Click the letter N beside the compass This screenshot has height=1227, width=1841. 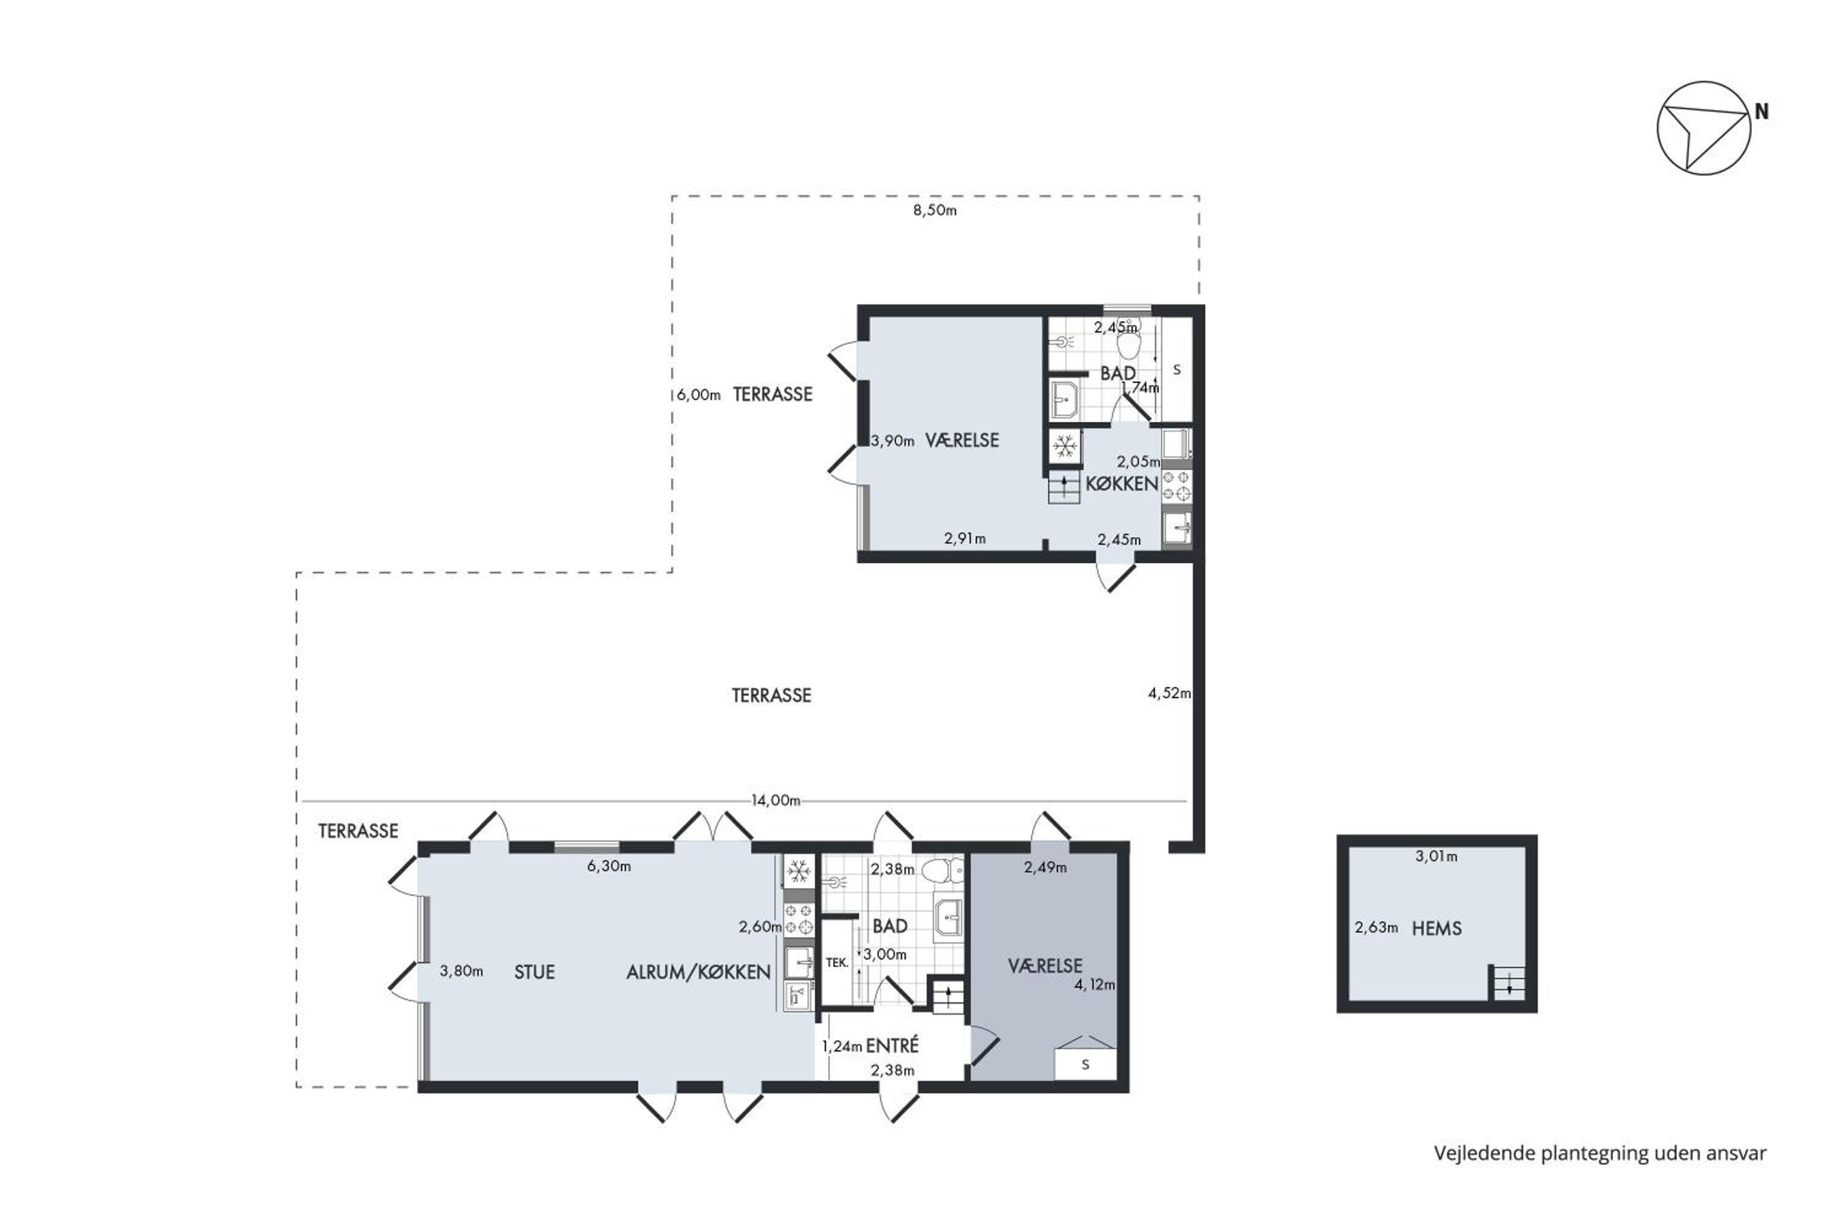(1761, 111)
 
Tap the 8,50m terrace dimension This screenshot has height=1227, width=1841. (935, 210)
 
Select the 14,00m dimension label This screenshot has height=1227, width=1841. (776, 800)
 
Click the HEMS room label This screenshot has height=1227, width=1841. (1437, 928)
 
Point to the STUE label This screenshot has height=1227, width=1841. (534, 972)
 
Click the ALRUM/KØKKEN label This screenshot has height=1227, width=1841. (698, 972)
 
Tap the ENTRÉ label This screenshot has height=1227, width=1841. (892, 1045)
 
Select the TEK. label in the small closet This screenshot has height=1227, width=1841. (837, 963)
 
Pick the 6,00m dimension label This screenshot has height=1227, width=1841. (698, 395)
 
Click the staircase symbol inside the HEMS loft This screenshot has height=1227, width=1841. (1508, 983)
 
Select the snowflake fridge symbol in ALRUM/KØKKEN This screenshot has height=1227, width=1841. (798, 871)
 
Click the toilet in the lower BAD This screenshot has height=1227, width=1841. (944, 869)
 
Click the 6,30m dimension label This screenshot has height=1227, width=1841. (609, 866)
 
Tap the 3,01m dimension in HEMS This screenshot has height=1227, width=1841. (1437, 856)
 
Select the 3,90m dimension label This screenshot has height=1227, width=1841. (892, 440)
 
